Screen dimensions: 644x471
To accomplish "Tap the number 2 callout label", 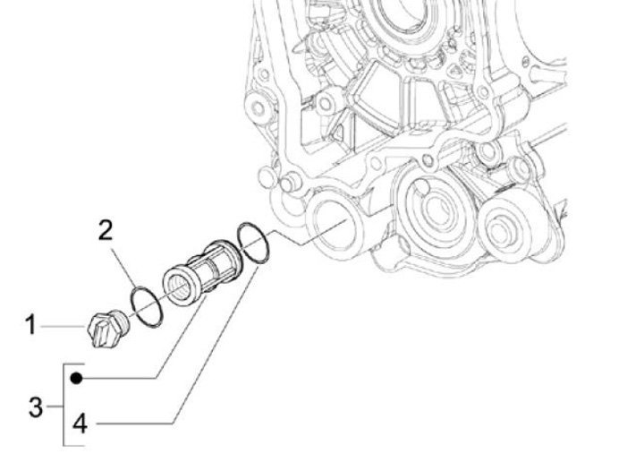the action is coord(106,231).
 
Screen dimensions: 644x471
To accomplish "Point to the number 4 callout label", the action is coord(80,422).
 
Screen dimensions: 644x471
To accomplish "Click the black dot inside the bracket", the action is coord(78,378).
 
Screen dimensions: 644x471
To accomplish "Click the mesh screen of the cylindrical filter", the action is coord(211,261).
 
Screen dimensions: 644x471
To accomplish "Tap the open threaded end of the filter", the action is coord(178,287).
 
